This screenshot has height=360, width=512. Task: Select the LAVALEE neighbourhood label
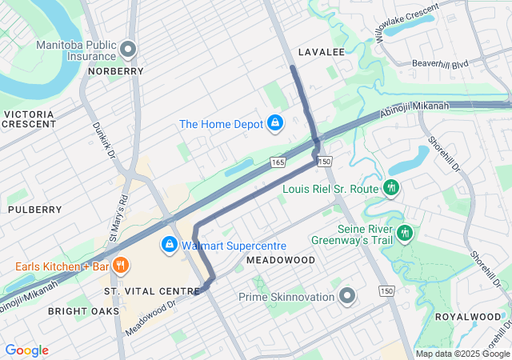[321, 52]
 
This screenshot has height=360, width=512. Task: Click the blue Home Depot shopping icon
[275, 123]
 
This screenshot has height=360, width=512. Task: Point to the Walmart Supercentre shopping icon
[170, 245]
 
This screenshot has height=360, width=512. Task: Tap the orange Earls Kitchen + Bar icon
[121, 266]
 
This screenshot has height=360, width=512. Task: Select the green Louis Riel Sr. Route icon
[391, 189]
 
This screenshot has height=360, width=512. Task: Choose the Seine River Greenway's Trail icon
[406, 233]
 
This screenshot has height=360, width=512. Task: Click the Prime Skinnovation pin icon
[346, 297]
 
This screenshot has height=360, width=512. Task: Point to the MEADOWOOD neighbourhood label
[281, 261]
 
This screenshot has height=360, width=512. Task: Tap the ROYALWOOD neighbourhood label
[466, 317]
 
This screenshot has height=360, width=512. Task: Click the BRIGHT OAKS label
[83, 310]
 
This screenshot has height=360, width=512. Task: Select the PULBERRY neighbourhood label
[34, 210]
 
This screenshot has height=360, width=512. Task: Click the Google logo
[26, 350]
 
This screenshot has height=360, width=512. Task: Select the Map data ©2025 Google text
[463, 354]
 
